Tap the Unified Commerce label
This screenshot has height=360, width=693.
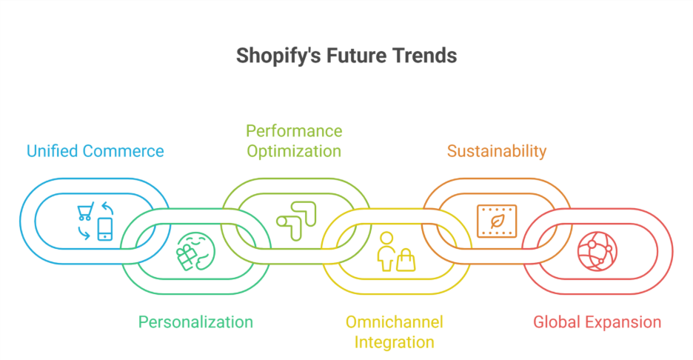[x=96, y=151]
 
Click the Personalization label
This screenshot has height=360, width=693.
[x=195, y=321]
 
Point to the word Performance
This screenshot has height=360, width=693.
[x=294, y=131]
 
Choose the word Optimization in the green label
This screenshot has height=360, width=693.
[x=294, y=151]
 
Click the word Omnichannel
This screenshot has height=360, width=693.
[x=394, y=321]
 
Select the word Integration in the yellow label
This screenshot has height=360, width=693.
[x=394, y=341]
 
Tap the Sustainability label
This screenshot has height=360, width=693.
[x=496, y=151]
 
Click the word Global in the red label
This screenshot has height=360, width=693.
[x=558, y=321]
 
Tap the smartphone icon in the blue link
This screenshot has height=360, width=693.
[x=105, y=229]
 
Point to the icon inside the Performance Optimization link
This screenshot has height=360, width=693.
[x=295, y=220]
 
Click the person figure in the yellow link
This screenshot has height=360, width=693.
[x=386, y=251]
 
